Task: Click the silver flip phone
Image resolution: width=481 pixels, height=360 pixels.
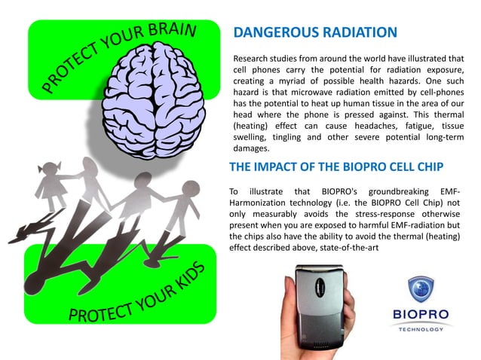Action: [x=321, y=305]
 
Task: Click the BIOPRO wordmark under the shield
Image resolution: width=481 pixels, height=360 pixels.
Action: [x=420, y=316]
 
